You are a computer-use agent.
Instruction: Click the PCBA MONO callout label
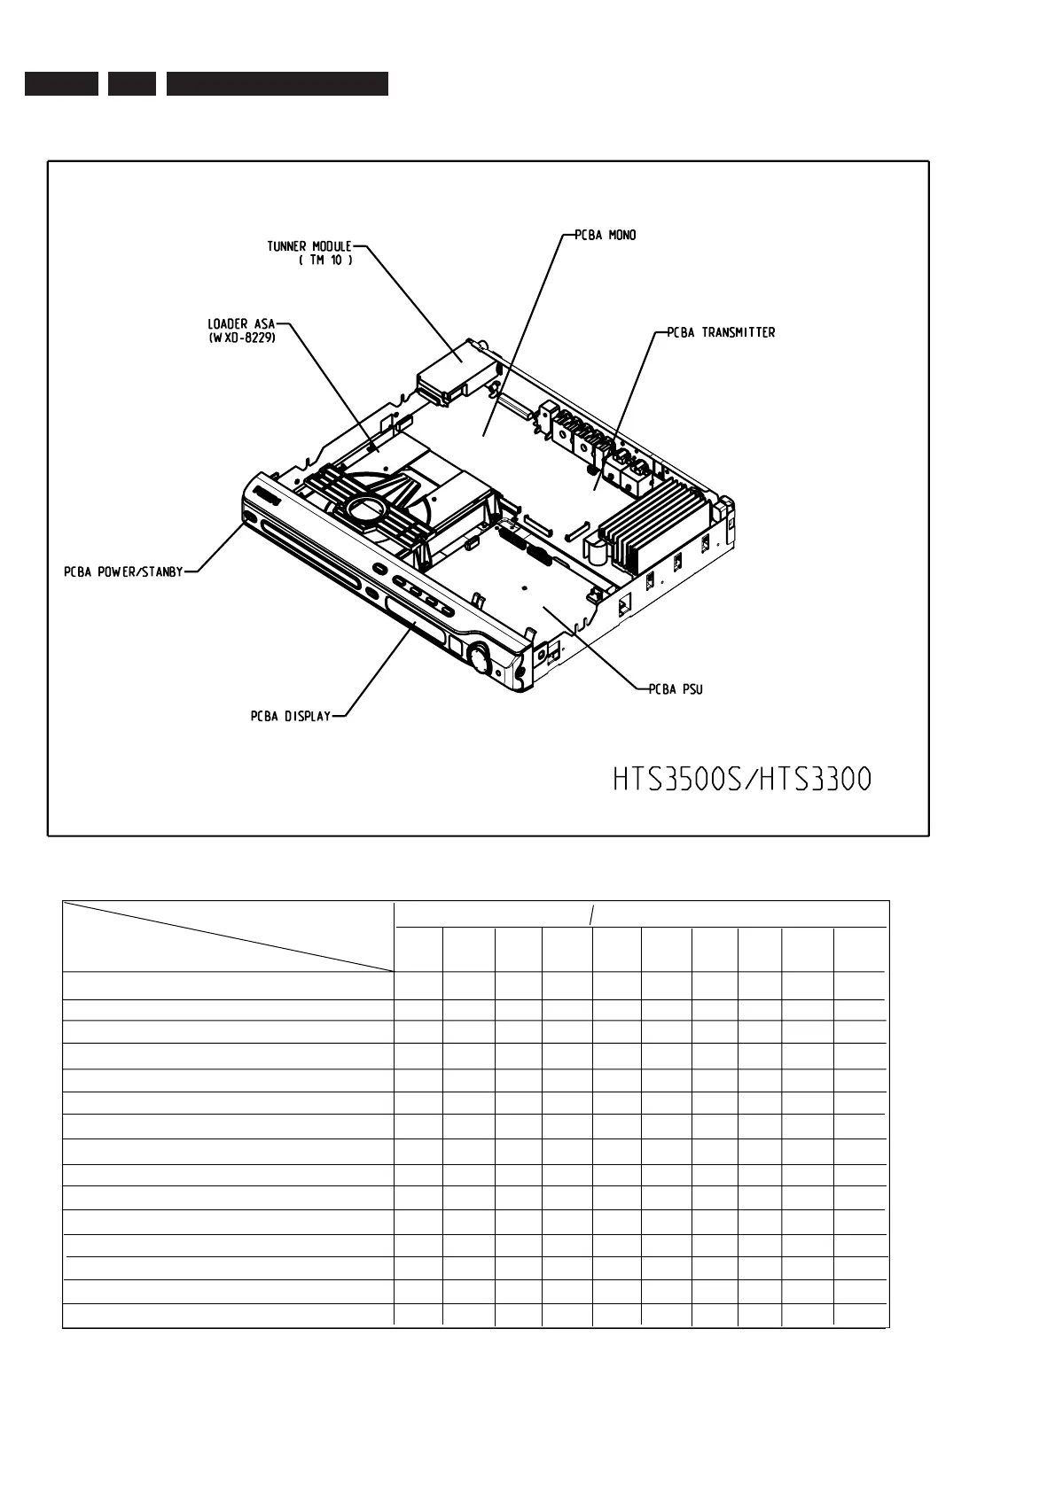(x=606, y=236)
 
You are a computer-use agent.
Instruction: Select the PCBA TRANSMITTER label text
(x=721, y=333)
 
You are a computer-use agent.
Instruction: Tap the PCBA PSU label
(x=676, y=689)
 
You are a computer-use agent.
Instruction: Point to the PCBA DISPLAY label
(x=290, y=716)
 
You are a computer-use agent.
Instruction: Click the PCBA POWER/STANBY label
(x=123, y=571)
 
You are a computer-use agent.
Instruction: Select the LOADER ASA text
(x=241, y=324)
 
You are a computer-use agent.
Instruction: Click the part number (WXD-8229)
(x=241, y=338)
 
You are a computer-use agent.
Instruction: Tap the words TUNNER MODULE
(x=309, y=246)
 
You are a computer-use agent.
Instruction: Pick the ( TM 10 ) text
(x=326, y=260)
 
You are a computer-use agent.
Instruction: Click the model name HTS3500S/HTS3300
(x=742, y=780)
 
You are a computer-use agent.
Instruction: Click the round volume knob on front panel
(x=480, y=658)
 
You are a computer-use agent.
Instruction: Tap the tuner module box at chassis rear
(x=453, y=367)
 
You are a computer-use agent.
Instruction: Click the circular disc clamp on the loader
(x=365, y=509)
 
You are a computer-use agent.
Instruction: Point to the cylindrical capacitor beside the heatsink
(x=599, y=555)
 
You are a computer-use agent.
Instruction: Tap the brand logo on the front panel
(x=267, y=493)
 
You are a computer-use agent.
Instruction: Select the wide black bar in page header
(x=277, y=83)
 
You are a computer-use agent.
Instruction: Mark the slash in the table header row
(x=590, y=914)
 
